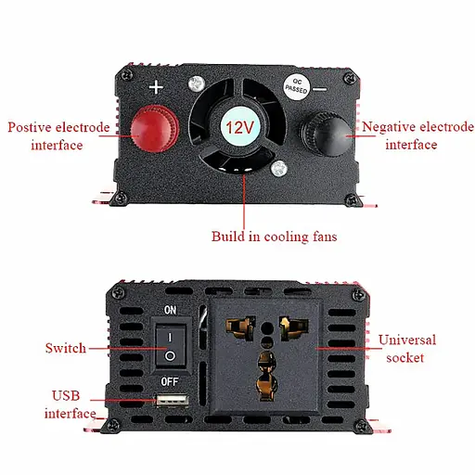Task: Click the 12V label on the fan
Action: click(241, 126)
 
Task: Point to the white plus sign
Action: click(157, 89)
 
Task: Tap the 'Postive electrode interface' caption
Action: click(57, 135)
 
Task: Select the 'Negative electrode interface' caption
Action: click(417, 135)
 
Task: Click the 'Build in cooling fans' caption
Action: click(274, 237)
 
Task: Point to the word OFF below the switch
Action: click(170, 381)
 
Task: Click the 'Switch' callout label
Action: click(65, 349)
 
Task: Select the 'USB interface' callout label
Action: click(71, 404)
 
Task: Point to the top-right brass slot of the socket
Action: click(289, 327)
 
